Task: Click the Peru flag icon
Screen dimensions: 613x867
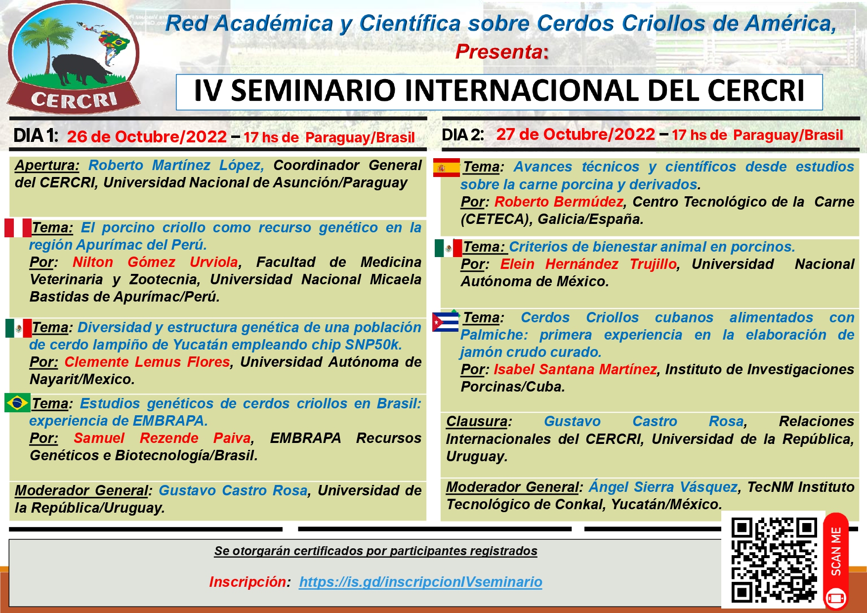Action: click(18, 228)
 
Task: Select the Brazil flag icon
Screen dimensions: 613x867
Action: click(17, 403)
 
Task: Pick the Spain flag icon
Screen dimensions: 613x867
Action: click(446, 168)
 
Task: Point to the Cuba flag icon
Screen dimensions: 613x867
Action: click(445, 322)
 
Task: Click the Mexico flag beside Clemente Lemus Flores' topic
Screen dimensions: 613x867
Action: click(18, 328)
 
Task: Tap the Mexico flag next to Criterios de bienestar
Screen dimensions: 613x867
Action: click(448, 248)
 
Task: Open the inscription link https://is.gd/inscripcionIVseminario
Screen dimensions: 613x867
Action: click(420, 582)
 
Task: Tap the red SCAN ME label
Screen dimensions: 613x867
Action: click(836, 551)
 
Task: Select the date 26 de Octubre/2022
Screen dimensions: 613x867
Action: click(147, 136)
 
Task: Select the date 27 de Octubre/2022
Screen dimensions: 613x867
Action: click(576, 134)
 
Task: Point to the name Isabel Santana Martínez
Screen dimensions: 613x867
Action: click(575, 369)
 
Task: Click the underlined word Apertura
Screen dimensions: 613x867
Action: click(47, 165)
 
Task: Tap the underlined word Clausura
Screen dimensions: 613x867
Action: click(477, 421)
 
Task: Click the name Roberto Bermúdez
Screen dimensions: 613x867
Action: click(558, 202)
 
